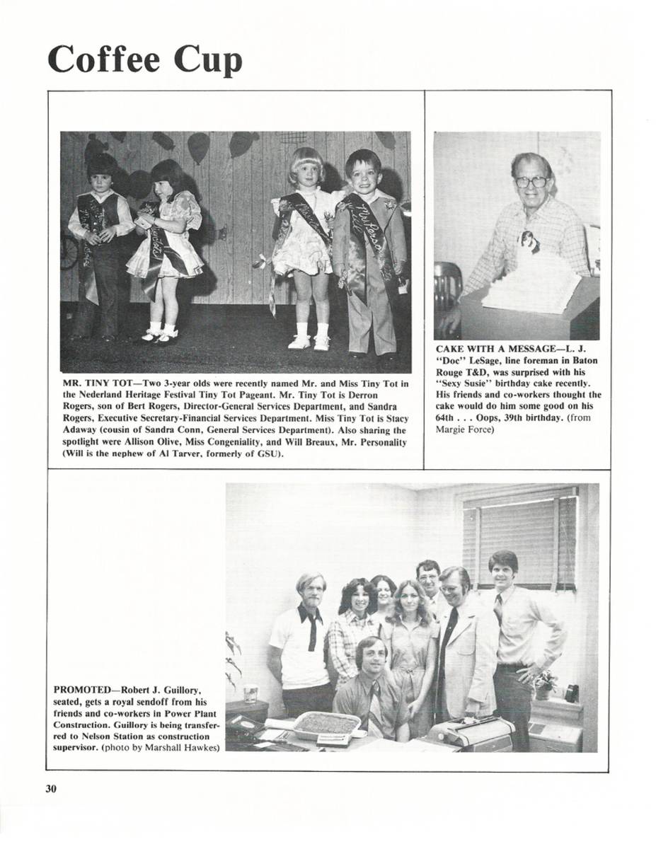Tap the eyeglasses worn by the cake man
531,182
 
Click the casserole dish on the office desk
326,723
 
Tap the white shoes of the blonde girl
310,342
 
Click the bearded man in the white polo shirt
302,640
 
